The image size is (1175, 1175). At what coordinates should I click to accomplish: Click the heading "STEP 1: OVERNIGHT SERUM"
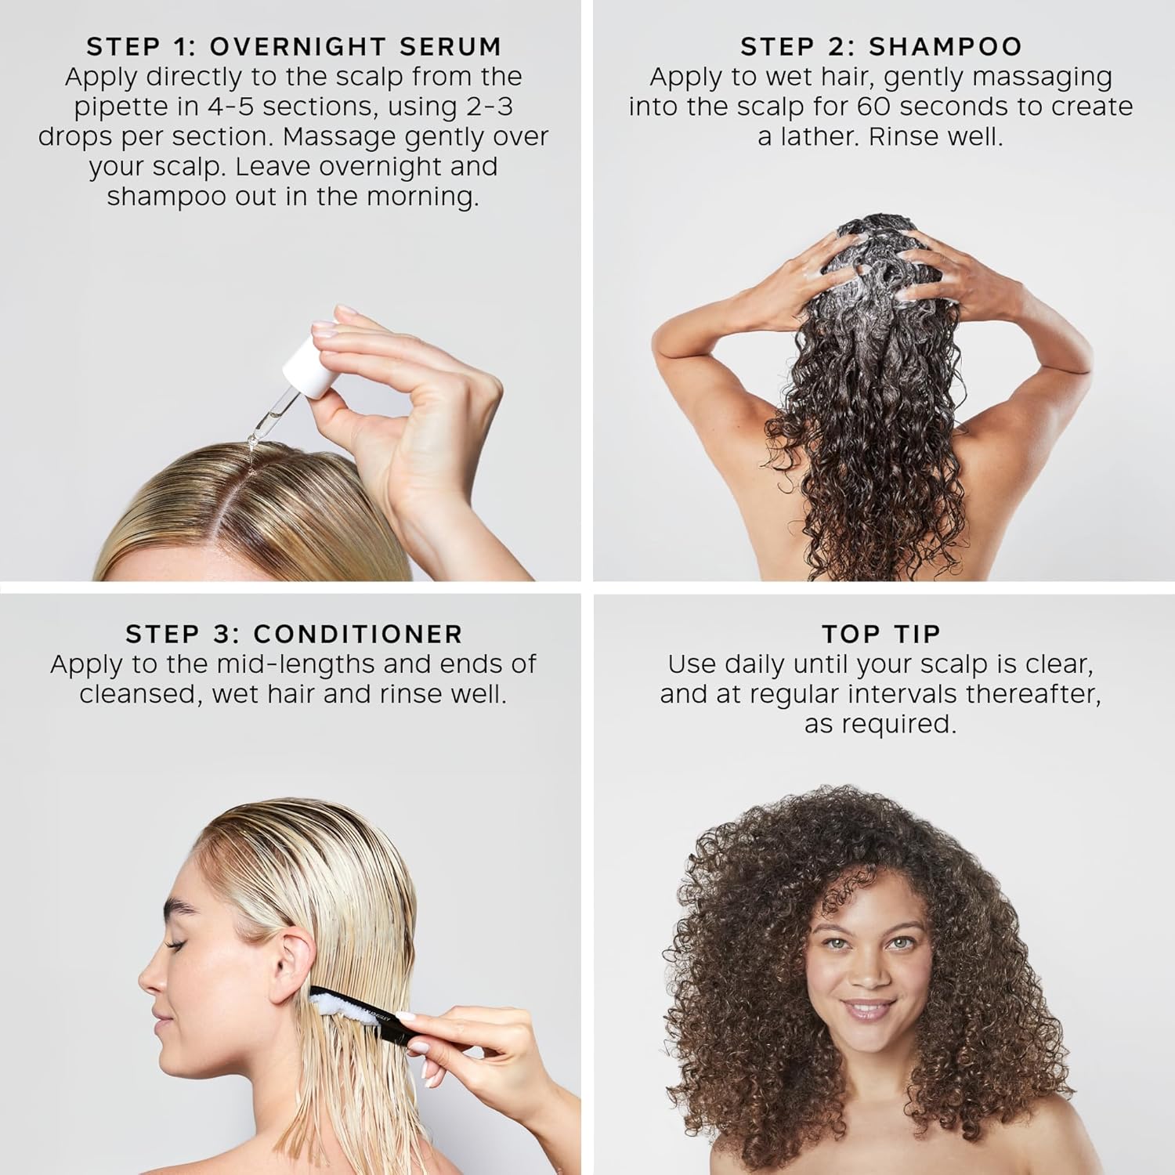coord(294,47)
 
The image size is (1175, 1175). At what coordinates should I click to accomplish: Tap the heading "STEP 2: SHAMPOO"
coord(881,47)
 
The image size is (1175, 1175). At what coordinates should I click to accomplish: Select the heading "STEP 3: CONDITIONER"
coord(294,634)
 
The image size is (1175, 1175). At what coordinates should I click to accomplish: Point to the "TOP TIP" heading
coord(881,634)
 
